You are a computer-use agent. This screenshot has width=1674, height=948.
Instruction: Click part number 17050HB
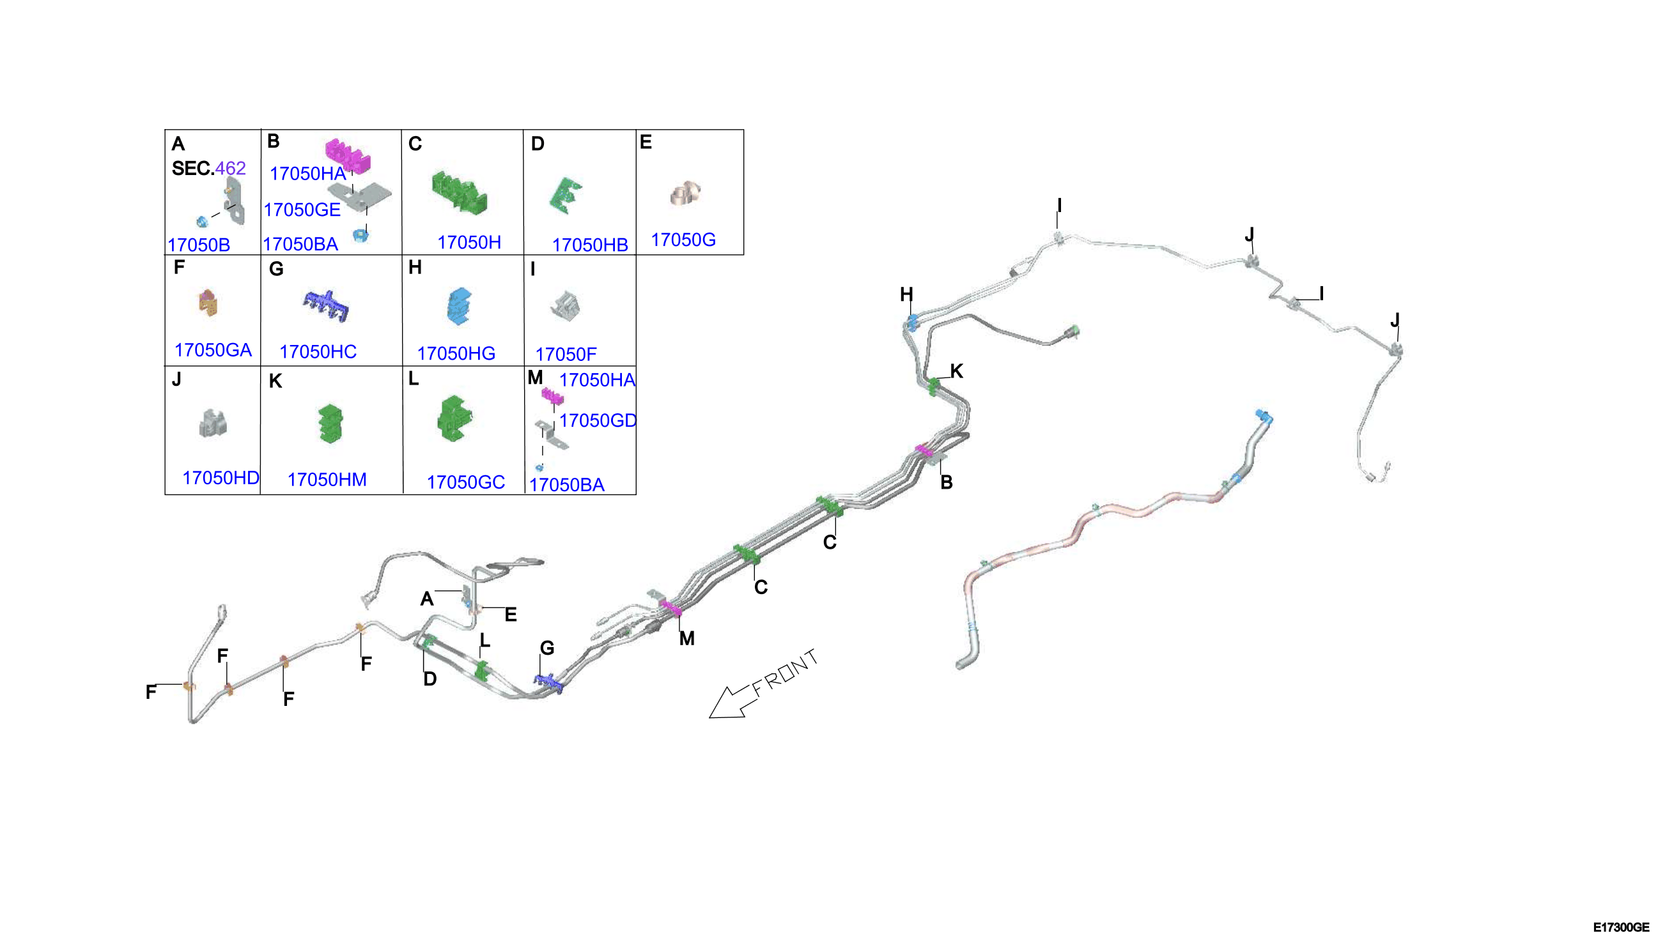coord(589,245)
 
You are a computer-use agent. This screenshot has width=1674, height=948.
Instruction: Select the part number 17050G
coord(683,240)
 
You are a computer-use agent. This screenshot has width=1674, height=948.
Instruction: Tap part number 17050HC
coord(318,351)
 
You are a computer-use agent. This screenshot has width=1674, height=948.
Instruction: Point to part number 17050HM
coord(327,479)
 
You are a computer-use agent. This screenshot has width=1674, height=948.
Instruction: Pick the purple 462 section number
coord(231,168)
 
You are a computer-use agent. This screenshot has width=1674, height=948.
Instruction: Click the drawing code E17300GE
coord(1621,927)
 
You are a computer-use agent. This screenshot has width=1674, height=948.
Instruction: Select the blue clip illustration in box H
coord(460,306)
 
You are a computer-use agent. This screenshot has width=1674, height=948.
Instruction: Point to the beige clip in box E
coord(685,194)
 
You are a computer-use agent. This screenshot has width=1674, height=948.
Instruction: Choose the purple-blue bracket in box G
coord(327,307)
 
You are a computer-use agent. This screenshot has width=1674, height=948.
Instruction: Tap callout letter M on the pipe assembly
coord(686,639)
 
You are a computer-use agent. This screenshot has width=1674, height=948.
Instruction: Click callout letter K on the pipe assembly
coord(956,371)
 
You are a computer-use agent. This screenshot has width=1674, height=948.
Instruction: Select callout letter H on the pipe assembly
coord(906,294)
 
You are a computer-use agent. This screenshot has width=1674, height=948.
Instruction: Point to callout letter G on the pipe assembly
coord(547,648)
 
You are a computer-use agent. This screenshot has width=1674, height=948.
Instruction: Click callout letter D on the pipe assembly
coord(430,679)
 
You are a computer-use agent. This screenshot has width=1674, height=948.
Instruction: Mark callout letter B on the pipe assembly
coord(947,482)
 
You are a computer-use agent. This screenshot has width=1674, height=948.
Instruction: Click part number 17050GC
coord(466,482)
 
